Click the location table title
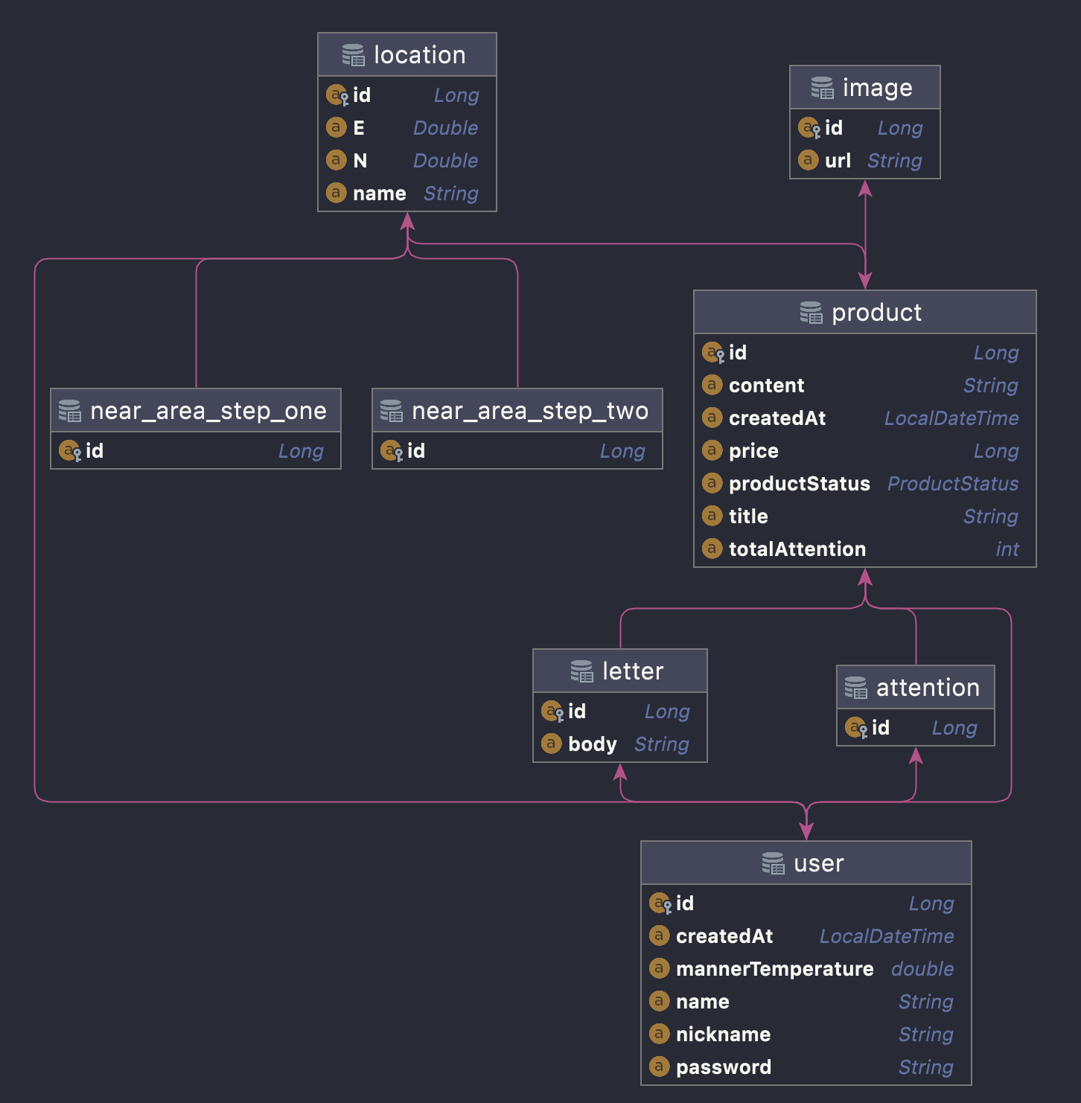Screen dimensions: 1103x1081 point(419,55)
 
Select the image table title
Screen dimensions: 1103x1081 point(877,88)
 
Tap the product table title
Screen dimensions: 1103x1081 point(876,313)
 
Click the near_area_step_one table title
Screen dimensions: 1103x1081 point(208,411)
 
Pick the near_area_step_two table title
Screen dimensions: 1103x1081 point(529,411)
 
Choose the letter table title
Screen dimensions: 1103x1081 point(632,671)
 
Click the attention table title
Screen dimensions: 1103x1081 point(928,688)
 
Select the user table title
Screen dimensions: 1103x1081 point(818,863)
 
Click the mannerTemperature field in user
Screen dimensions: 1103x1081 point(774,969)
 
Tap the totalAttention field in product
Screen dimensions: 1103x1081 point(797,549)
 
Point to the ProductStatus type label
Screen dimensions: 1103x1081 point(952,484)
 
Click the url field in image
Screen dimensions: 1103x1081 point(838,161)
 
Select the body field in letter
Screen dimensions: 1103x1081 point(592,744)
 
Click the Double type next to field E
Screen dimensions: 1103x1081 point(445,128)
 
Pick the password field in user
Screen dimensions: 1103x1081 point(723,1067)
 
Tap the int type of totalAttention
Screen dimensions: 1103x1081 point(1007,549)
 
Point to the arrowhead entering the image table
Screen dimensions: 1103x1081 point(865,189)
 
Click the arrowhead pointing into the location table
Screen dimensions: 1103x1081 point(407,221)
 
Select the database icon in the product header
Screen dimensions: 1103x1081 point(811,313)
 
